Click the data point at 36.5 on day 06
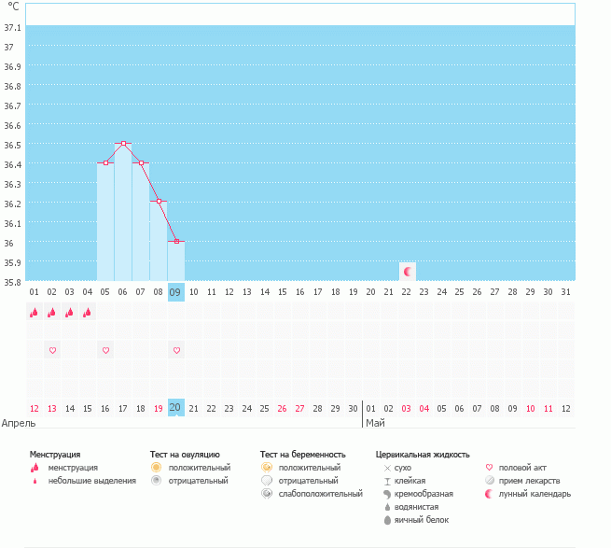point(123,144)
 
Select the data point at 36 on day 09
point(176,242)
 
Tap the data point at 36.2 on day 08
point(159,202)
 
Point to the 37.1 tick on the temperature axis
point(13,28)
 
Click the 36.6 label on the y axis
point(13,125)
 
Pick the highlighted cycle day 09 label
point(175,292)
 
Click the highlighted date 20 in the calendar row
point(175,407)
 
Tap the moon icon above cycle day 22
point(407,271)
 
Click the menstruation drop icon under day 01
point(35,313)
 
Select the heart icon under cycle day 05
point(105,350)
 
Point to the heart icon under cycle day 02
point(52,350)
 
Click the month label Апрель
point(19,423)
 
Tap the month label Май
point(374,423)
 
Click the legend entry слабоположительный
point(319,493)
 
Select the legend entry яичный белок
point(422,519)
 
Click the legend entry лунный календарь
point(535,493)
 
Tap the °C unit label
point(13,7)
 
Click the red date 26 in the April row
point(282,408)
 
